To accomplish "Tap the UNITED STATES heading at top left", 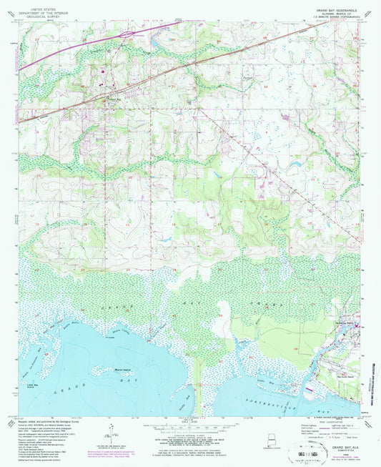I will [41, 4].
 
